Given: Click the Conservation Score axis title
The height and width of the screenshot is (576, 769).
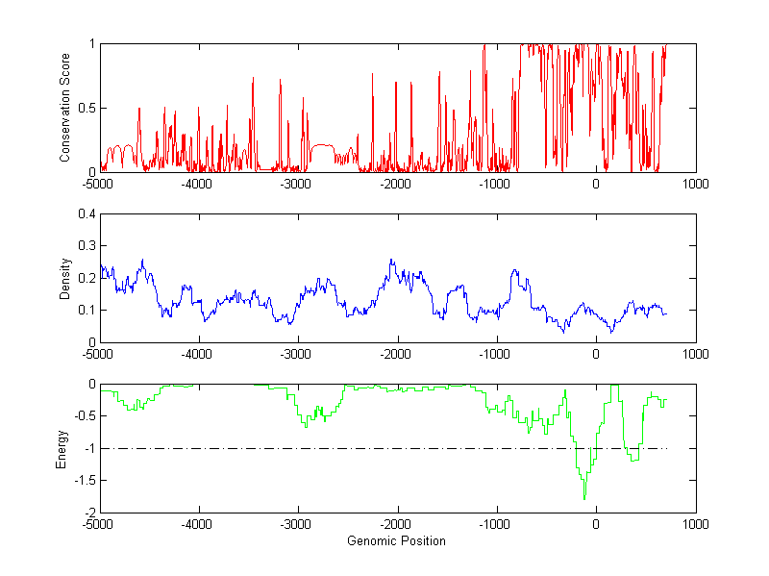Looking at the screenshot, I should [x=64, y=108].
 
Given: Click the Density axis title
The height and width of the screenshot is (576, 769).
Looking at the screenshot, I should [x=64, y=278].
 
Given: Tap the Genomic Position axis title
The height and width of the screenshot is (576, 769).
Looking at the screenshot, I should [x=396, y=541].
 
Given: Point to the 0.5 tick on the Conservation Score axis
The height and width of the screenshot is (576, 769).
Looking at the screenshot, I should [x=87, y=108].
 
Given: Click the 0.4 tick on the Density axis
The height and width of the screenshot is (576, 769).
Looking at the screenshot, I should [x=87, y=214].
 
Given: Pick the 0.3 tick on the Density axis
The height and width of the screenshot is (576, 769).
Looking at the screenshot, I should [x=87, y=246].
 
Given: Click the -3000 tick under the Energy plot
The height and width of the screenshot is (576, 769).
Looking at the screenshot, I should [x=297, y=524].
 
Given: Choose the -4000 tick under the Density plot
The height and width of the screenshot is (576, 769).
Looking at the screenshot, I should [x=198, y=353].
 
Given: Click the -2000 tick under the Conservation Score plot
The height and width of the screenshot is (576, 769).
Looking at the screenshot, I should [x=396, y=183].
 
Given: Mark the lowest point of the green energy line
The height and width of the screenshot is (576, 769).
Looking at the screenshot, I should [x=584, y=499].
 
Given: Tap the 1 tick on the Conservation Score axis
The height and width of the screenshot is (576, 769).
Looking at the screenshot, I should [x=91, y=44].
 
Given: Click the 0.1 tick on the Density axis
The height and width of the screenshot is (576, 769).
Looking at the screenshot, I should [x=87, y=310].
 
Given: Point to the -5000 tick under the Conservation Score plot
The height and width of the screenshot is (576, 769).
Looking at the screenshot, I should [x=99, y=183].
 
